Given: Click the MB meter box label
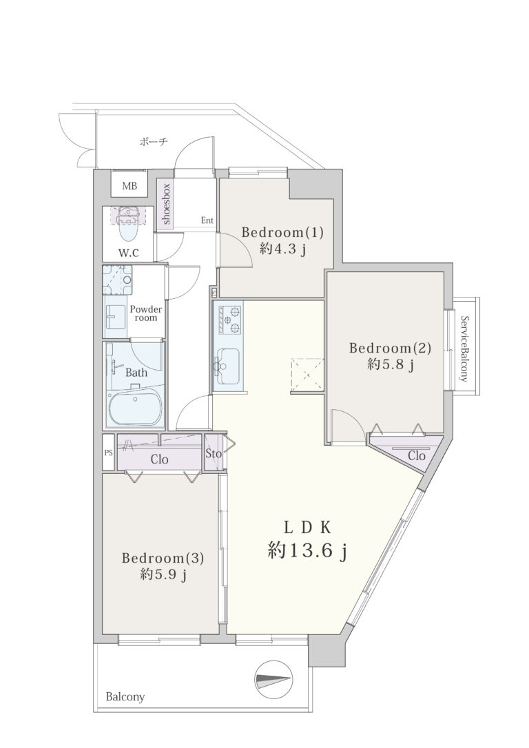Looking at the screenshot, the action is tap(129, 186).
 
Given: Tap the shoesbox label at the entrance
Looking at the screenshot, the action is tap(167, 204).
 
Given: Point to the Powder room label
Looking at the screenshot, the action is tap(146, 313).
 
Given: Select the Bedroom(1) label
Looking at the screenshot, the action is tap(282, 233).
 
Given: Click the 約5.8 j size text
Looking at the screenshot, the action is tap(390, 365).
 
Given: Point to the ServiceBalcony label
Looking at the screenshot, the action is tap(464, 349).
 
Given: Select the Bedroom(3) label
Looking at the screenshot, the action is tap(163, 558).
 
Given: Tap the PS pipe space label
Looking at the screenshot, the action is tap(108, 453).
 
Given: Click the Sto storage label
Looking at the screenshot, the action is tap(214, 453).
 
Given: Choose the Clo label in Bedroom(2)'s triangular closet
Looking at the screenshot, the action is tap(417, 456).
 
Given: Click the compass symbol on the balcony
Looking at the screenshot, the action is tap(273, 679).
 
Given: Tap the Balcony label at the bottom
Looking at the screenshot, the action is tap(125, 697).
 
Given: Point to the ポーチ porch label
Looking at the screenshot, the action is tap(153, 142).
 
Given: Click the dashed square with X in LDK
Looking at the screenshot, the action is tap(307, 375).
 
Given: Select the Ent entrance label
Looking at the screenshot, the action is tap(207, 220).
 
